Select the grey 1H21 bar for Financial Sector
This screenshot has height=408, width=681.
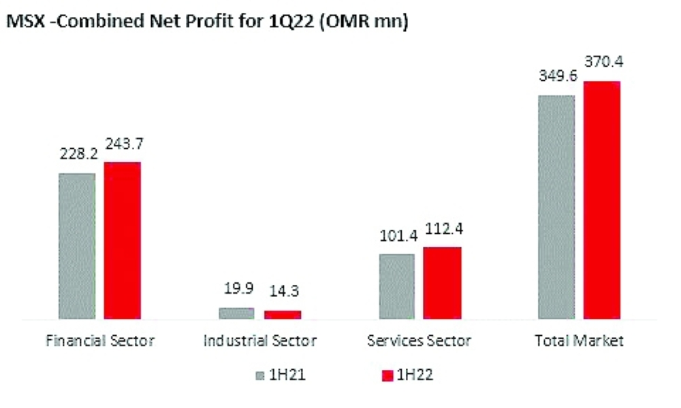pos(77,245)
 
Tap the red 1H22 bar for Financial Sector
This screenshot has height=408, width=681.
pos(122,240)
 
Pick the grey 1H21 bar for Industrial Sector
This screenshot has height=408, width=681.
pos(236,313)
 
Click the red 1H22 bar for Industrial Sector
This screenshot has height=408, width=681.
pos(282,314)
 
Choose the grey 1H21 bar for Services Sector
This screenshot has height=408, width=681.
pos(396,286)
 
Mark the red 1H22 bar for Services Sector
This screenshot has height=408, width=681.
pos(442,282)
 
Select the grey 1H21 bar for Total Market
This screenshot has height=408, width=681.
pos(556,207)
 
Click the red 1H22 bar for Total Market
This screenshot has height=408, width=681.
pos(602,199)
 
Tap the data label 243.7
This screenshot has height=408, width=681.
pos(123,144)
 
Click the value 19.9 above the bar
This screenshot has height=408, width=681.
pos(238,289)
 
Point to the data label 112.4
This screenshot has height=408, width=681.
pos(442,229)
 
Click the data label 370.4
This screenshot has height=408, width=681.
pos(602,63)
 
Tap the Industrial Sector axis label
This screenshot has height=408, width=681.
pos(259,341)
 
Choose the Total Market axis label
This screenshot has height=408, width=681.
pos(579,341)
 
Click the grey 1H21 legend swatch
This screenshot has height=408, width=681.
pos(260,375)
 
